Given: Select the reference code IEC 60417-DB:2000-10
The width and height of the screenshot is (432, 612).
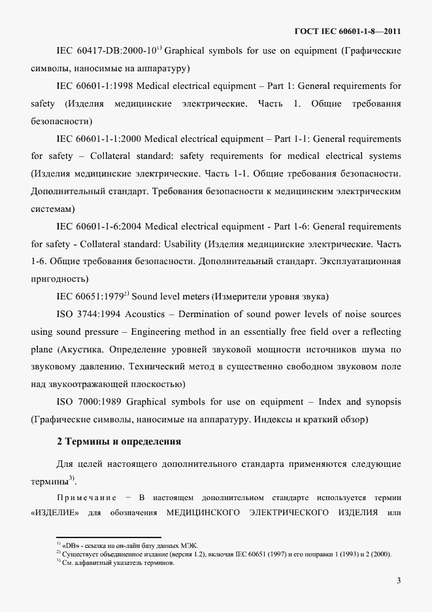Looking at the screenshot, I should coord(105,50).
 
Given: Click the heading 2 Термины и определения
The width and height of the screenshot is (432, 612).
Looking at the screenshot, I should coord(119,441).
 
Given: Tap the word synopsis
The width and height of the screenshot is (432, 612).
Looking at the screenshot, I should coord(382,401).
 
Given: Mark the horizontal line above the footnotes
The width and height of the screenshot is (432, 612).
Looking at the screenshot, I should coord(108,537).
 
